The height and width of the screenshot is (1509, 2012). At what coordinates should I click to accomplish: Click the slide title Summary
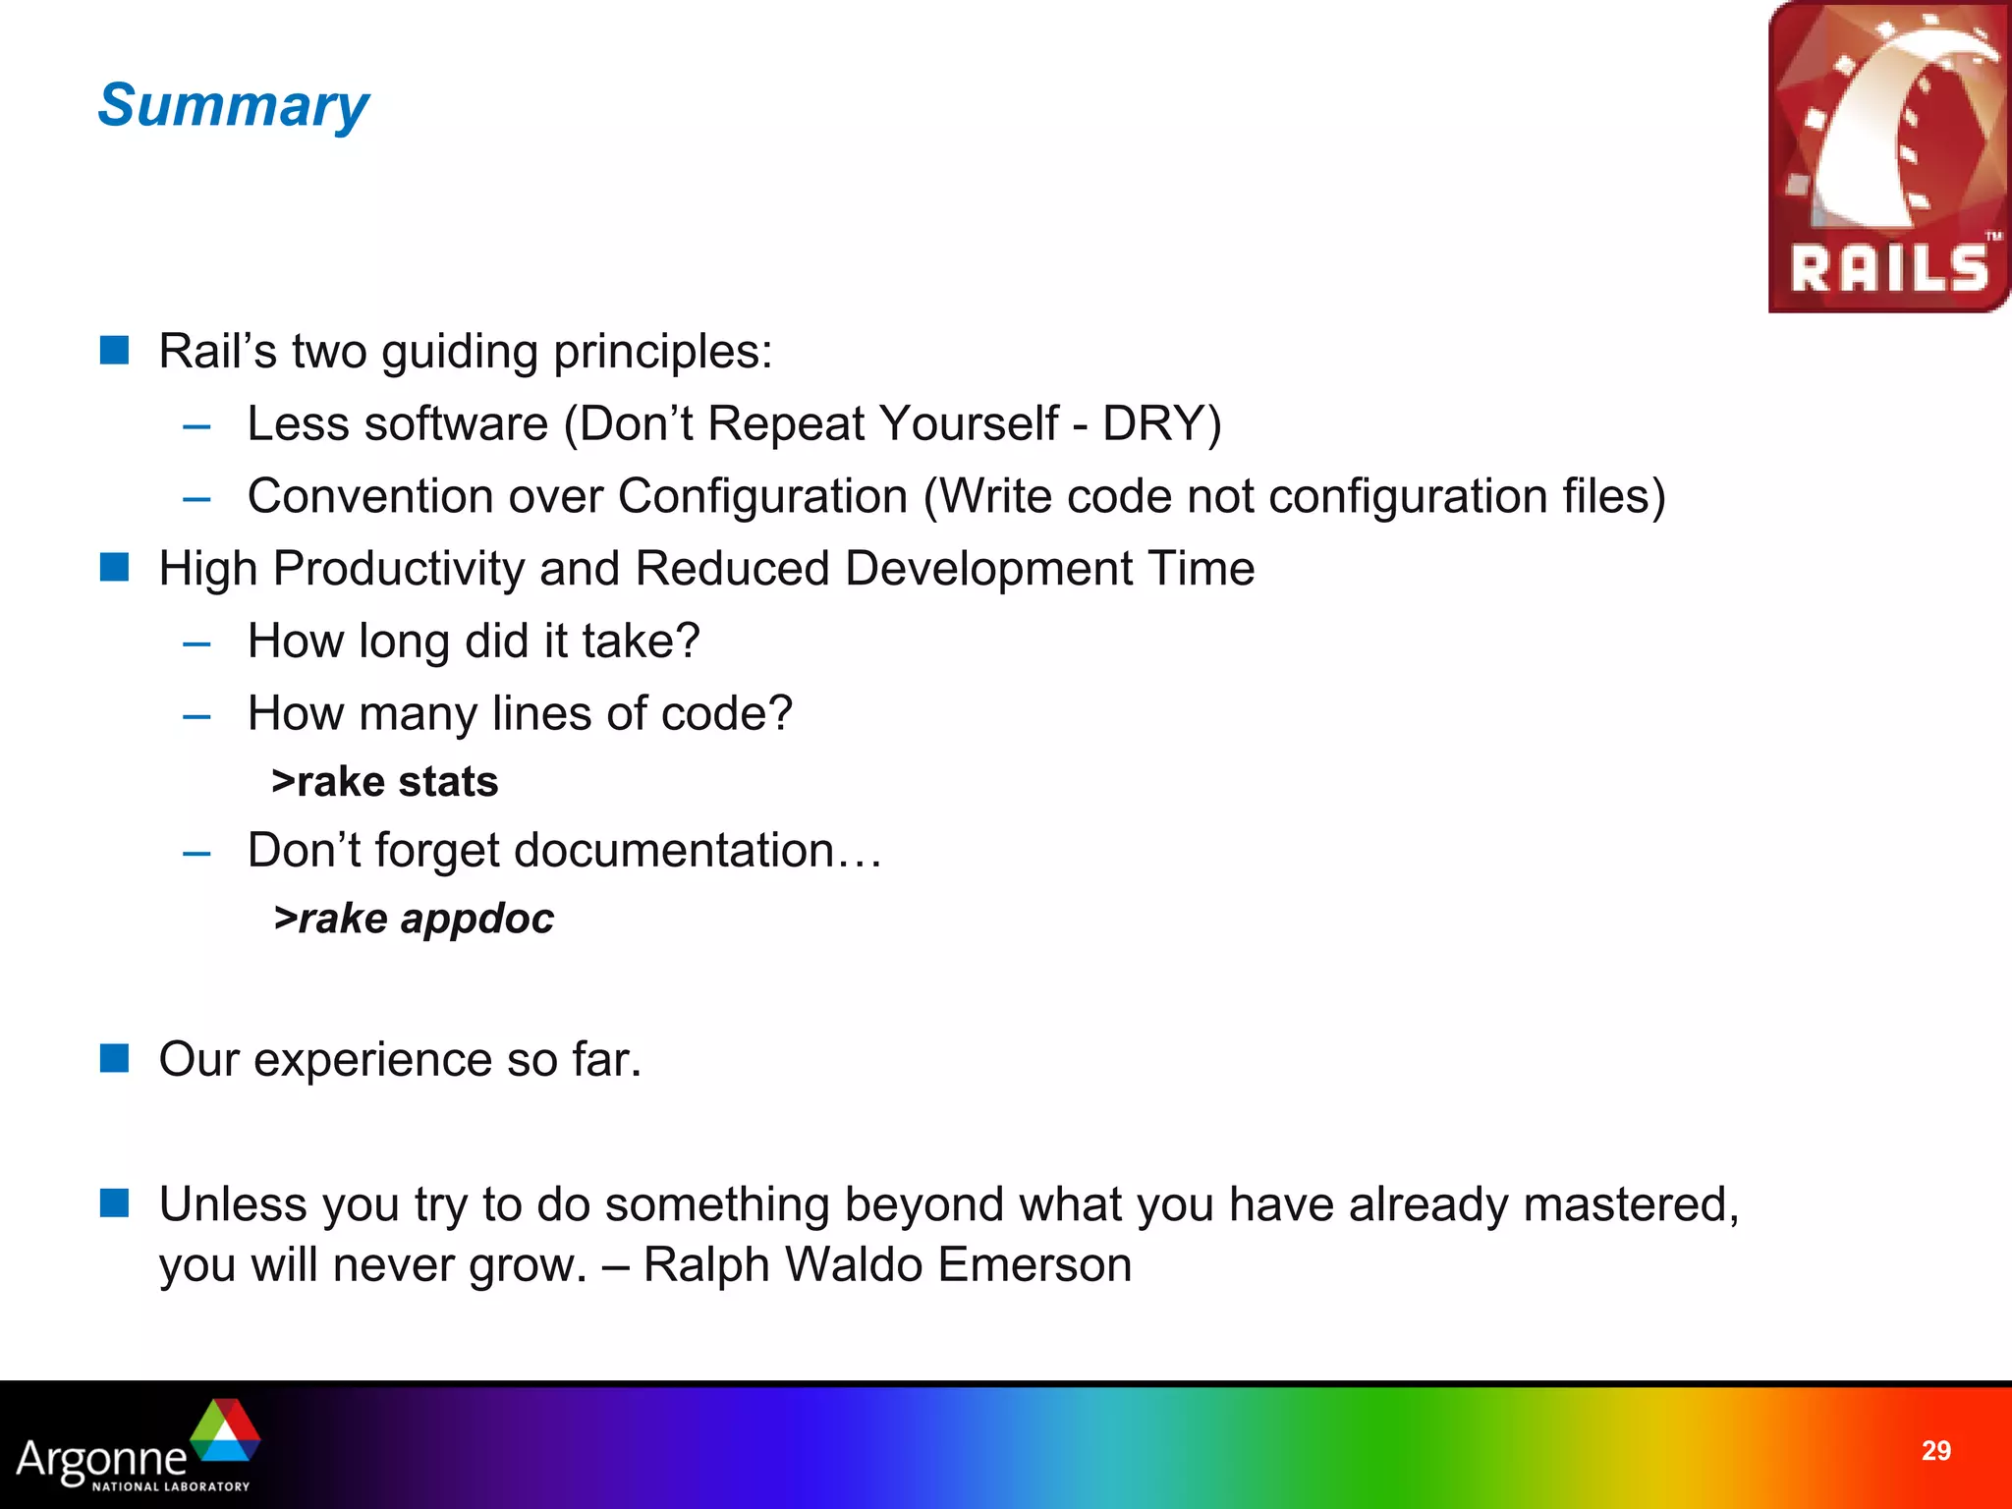click(x=233, y=105)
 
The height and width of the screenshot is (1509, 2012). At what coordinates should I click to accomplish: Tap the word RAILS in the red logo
click(x=1888, y=269)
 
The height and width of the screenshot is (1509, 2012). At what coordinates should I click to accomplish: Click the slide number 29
click(x=1935, y=1451)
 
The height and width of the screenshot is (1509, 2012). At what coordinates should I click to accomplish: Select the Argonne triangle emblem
click(x=225, y=1431)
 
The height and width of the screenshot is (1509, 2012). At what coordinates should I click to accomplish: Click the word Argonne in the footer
click(x=101, y=1458)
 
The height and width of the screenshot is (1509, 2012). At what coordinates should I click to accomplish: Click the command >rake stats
click(x=385, y=782)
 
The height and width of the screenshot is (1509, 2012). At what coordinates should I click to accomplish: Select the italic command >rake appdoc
click(x=414, y=919)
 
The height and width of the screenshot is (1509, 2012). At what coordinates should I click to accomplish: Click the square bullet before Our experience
click(x=115, y=1058)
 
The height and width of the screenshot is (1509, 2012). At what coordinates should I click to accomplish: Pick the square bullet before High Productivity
click(x=115, y=567)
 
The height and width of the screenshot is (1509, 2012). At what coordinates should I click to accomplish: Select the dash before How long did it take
click(x=196, y=644)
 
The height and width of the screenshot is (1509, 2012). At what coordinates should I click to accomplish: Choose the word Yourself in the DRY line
click(x=969, y=424)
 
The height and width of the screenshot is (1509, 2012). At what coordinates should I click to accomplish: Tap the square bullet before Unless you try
click(x=115, y=1202)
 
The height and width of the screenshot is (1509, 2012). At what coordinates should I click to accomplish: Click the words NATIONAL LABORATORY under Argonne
click(x=171, y=1486)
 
